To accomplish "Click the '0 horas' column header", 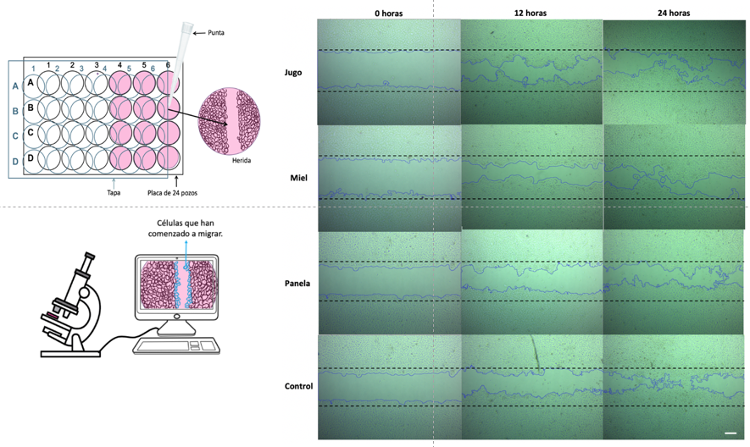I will (x=389, y=14).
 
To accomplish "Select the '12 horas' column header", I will (x=531, y=14).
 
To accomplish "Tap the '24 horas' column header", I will (x=675, y=14).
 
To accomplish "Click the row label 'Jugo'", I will (x=293, y=73).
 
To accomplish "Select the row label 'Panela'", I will (x=297, y=283).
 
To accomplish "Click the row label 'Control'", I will (x=299, y=386).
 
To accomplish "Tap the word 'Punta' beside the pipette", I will (x=215, y=33).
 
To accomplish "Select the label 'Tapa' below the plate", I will (x=114, y=190).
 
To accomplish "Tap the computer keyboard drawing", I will (x=177, y=345).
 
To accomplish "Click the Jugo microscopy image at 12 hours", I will (x=531, y=71).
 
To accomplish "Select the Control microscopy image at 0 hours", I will (x=389, y=386).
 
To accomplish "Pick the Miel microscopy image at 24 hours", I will (x=675, y=177).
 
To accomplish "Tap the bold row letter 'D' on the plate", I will (x=31, y=157).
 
